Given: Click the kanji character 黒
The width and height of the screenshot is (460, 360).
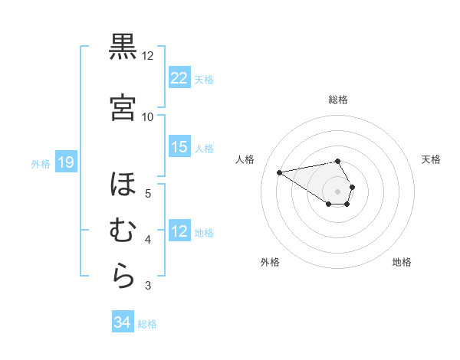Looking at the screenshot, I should coord(123,49).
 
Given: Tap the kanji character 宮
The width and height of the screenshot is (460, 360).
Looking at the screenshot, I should coord(123,106).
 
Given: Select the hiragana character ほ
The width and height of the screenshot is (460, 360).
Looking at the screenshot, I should coord(123,185).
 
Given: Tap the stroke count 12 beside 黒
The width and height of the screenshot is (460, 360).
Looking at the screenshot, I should coord(148,56).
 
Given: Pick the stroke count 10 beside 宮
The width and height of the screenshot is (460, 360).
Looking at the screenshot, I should coord(148,116).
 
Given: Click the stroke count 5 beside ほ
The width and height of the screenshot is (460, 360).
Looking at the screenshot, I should coord(148,193).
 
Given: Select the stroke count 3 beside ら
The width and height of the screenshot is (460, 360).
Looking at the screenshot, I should coord(148,286).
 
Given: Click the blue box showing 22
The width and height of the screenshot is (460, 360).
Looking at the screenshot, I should coord(179,78).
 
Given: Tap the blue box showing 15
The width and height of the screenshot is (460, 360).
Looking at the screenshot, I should coord(179,147).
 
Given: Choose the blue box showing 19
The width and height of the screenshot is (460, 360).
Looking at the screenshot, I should coord(65,162).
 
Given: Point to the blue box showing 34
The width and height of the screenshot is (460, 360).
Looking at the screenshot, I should coord(122,322).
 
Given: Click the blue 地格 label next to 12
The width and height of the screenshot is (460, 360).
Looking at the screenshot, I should coord(205,232).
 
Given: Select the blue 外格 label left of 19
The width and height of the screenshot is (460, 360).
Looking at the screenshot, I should coord(41,163).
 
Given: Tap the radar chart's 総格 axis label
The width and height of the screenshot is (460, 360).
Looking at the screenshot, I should coord(338,100).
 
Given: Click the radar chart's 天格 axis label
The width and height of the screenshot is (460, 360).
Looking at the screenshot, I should coord(431,159).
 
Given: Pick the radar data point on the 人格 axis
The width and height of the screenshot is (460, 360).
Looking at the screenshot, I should coord(280,172).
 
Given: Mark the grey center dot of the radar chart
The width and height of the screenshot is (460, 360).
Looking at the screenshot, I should coord(338,191).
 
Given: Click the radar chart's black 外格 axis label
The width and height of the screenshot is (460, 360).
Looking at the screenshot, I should coord(270,262).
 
